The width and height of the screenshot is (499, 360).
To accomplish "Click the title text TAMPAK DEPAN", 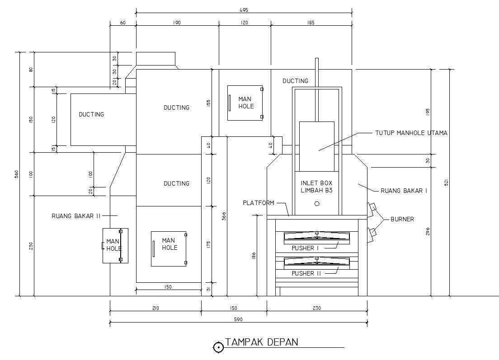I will coord(262,342).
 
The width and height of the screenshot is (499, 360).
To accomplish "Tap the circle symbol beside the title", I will coord(218,347).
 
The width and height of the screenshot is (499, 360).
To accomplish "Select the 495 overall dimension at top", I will coord(244,9).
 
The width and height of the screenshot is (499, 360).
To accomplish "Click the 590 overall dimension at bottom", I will coord(239,319).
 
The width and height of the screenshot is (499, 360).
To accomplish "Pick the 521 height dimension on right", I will coord(446,182).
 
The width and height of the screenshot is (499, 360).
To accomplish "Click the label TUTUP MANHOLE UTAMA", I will coord(411,133).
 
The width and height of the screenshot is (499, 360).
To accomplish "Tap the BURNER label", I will coord(402,220).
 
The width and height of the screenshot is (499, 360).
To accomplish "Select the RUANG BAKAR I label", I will coord(404,191).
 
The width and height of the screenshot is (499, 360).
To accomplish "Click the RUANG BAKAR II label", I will coord(76,215).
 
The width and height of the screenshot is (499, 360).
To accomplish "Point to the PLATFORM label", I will coord(258,203).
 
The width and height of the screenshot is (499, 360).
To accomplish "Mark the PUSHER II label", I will coord(306,273).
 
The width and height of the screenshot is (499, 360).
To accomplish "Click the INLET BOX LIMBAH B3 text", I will coord(316,187).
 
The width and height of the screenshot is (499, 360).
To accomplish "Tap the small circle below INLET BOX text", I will coord(316,204).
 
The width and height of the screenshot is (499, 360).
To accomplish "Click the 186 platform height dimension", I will coord(254,256).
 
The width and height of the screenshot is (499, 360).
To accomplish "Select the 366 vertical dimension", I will coord(224,216).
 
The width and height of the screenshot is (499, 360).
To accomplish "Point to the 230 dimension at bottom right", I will coord(316,308).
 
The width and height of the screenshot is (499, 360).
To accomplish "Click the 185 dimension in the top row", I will coord(311,23).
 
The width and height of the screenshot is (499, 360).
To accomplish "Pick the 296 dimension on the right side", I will coord(428,231).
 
